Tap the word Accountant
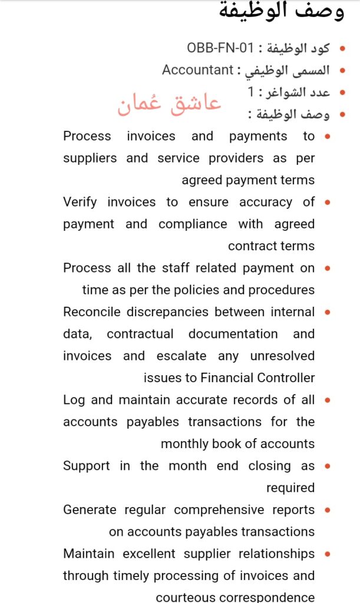point(198,70)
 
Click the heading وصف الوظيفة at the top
point(281,11)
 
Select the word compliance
point(193,224)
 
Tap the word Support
point(87,466)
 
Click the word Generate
point(89,509)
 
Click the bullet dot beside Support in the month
point(328,466)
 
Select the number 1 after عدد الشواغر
point(251,92)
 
